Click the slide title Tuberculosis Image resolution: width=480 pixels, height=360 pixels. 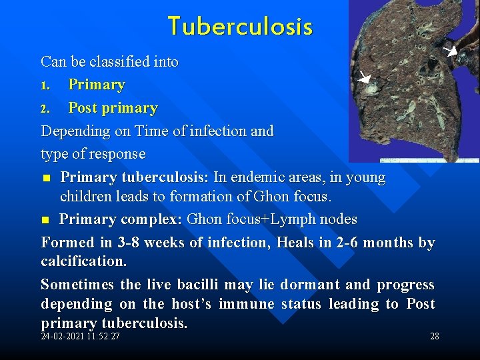tap(240, 27)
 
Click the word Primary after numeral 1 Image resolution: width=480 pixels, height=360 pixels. tap(97, 85)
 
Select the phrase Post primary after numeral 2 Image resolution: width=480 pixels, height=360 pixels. tap(113, 108)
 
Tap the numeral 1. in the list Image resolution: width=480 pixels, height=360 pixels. tap(45, 86)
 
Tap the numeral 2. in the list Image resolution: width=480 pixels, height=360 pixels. tap(45, 109)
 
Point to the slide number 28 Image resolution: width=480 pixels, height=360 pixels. tap(434, 336)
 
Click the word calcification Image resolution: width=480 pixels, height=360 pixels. tap(83, 260)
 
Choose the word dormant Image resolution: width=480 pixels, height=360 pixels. tap(310, 285)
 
